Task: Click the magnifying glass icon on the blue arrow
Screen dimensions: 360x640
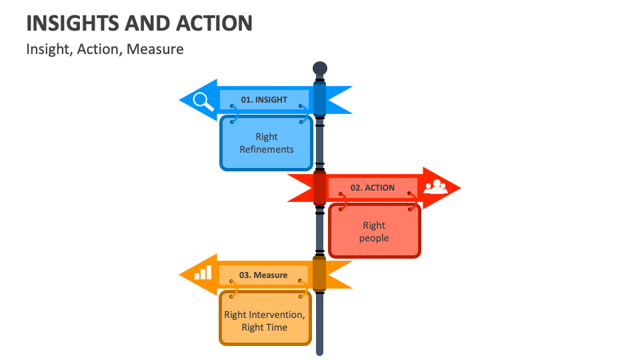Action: pos(203,101)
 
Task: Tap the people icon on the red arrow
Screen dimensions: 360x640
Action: pos(436,187)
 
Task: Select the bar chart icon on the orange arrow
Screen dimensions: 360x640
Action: pos(203,273)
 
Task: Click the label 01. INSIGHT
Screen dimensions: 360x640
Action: pos(264,100)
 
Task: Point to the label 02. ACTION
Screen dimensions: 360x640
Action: pos(372,188)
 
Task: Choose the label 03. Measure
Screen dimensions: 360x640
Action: pos(263,275)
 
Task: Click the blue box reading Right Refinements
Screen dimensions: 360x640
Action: pos(266,143)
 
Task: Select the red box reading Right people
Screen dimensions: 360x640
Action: pos(374,231)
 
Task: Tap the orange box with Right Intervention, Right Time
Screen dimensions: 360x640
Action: pos(265,321)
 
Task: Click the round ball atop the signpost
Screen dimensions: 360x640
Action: pos(320,68)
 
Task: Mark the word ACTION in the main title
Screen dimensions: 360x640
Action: pos(214,24)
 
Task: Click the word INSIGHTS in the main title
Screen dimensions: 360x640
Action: pos(73,24)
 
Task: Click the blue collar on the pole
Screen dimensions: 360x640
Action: pos(320,99)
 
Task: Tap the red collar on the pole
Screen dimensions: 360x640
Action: pos(320,187)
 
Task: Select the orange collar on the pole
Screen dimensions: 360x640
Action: pos(320,273)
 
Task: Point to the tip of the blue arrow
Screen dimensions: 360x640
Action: pos(181,101)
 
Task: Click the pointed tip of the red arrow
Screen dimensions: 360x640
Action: pos(459,187)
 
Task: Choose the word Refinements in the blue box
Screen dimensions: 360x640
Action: pos(267,149)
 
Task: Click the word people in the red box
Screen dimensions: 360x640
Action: pos(374,238)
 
